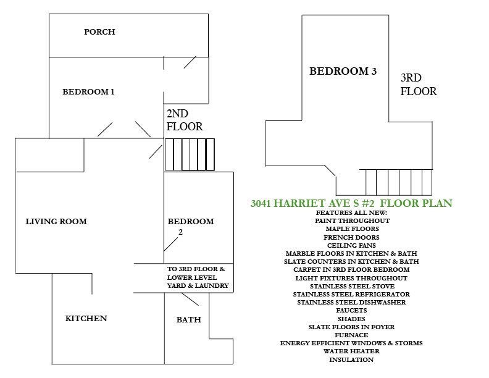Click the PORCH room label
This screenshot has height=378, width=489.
point(99,32)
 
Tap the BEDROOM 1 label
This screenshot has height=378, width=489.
point(88,91)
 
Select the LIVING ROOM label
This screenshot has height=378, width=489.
point(56,222)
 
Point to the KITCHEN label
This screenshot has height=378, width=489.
point(86,319)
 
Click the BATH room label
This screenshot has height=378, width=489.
point(189,320)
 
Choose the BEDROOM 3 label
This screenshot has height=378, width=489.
point(343,71)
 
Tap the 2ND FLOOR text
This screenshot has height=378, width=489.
point(185,120)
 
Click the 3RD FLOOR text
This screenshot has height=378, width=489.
point(419,85)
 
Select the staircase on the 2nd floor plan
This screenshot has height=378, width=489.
point(190,154)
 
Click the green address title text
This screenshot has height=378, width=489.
point(351,203)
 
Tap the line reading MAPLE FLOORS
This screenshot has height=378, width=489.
point(352,229)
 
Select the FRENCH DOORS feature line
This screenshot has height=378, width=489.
point(351,237)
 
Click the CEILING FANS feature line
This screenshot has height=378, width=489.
point(351,245)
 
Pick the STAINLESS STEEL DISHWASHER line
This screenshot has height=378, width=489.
point(351,302)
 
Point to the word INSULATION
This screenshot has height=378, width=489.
point(351,359)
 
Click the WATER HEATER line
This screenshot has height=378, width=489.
point(351,351)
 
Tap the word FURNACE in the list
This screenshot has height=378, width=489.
point(351,335)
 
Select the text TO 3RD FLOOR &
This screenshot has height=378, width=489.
point(196,269)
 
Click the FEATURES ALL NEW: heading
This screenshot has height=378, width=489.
point(351,212)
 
